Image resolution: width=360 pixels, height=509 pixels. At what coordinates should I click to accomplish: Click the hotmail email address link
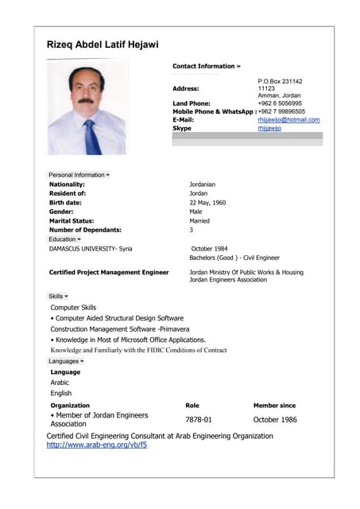[288, 120]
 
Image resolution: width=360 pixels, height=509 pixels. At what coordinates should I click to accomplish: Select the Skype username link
[269, 128]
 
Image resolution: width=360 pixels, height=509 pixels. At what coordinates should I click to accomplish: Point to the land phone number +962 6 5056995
[279, 103]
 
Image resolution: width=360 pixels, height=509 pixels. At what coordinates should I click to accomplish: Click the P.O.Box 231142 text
[280, 81]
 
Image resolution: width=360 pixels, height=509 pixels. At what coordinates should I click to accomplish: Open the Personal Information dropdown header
[79, 174]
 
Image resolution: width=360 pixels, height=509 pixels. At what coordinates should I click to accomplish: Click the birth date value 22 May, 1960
[207, 203]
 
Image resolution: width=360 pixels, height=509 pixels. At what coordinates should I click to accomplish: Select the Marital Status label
[72, 221]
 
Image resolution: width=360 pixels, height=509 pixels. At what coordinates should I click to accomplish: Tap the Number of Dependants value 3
[191, 230]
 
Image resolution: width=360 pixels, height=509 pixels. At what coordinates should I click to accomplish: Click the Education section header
[64, 239]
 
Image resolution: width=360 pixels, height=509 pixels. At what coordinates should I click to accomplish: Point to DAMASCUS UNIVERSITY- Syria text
[91, 249]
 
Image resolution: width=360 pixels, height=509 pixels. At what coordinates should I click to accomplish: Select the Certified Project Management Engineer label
[109, 272]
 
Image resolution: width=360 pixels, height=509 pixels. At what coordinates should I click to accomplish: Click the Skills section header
[58, 296]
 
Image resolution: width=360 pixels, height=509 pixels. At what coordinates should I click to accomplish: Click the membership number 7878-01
[198, 419]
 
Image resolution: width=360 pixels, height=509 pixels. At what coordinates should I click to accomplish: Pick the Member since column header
[274, 406]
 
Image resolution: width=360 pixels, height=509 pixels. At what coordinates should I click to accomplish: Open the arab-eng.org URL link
[96, 445]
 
